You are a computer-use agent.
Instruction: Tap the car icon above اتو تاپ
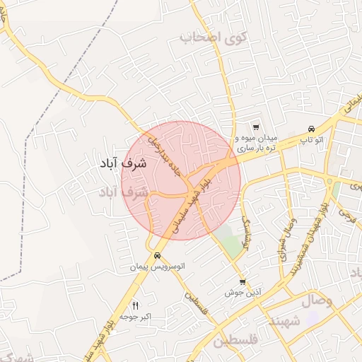click(311, 129)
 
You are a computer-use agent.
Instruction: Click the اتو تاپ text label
click(311, 140)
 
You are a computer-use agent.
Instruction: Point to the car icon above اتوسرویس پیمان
click(156, 255)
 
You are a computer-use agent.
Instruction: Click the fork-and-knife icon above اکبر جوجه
click(136, 305)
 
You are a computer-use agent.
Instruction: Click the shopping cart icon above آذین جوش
click(243, 281)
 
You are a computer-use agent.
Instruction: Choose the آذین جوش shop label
click(243, 292)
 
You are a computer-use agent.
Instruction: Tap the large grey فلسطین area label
click(238, 343)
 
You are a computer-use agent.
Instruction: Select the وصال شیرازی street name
click(286, 245)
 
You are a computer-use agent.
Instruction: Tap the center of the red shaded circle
click(182, 180)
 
